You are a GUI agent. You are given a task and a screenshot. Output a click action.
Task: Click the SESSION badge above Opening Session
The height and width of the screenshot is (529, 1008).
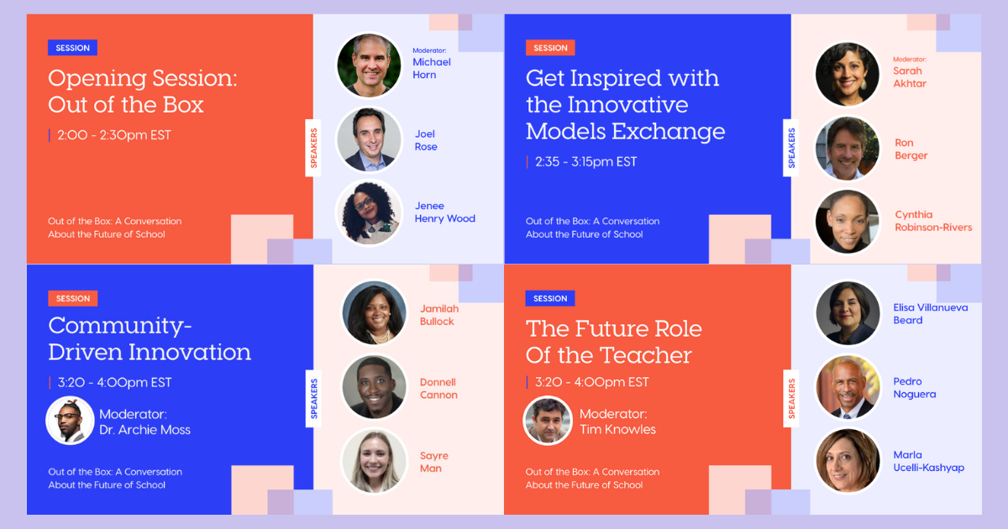coord(72,48)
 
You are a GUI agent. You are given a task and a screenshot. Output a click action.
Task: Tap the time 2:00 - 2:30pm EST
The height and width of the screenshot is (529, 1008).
coord(114,135)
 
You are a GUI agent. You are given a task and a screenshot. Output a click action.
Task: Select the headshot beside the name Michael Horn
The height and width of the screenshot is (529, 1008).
coord(369,65)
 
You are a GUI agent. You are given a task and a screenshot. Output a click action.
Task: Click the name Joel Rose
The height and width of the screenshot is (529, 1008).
coord(426,140)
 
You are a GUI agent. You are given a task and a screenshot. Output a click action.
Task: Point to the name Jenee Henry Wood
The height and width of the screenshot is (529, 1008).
coord(444,212)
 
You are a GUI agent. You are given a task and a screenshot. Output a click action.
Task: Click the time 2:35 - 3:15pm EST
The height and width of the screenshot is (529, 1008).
coord(586,162)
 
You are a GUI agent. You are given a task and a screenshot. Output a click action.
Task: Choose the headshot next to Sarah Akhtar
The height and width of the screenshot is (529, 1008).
coord(848,75)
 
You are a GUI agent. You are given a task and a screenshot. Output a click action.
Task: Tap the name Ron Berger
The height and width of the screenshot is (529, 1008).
coord(911,149)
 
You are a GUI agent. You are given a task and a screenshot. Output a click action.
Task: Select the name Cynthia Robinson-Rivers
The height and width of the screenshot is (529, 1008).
coord(933,221)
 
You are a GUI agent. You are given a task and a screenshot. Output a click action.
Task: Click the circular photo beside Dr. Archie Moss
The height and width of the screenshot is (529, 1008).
coord(70,421)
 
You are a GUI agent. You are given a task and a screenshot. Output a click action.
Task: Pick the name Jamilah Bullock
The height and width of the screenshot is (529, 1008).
coord(439,315)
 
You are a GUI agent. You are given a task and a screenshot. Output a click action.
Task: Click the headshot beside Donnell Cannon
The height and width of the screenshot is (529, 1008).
coord(375,387)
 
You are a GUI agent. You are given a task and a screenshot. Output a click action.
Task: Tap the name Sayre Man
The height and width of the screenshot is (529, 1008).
coord(433,462)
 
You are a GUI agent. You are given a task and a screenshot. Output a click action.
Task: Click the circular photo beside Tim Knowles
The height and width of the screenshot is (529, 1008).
coord(548,421)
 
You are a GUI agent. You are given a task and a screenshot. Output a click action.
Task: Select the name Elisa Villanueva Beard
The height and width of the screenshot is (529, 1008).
coord(930,313)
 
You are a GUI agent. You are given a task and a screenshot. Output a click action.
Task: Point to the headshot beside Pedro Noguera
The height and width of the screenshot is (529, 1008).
coord(848,387)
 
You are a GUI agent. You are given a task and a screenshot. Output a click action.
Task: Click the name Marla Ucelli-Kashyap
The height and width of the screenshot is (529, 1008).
coord(928,461)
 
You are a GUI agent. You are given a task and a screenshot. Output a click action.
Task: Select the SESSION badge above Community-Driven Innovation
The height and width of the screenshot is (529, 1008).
coord(73,298)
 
